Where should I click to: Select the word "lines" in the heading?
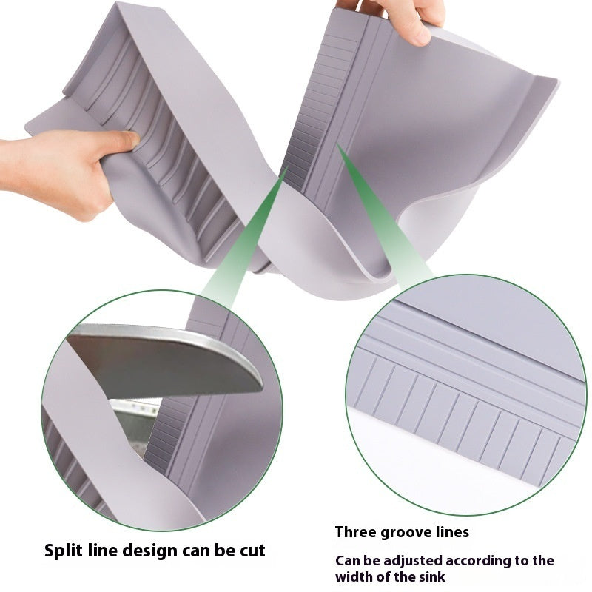(x=451, y=532)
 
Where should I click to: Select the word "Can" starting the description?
(x=347, y=560)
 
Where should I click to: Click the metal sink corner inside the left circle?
(x=133, y=429)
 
